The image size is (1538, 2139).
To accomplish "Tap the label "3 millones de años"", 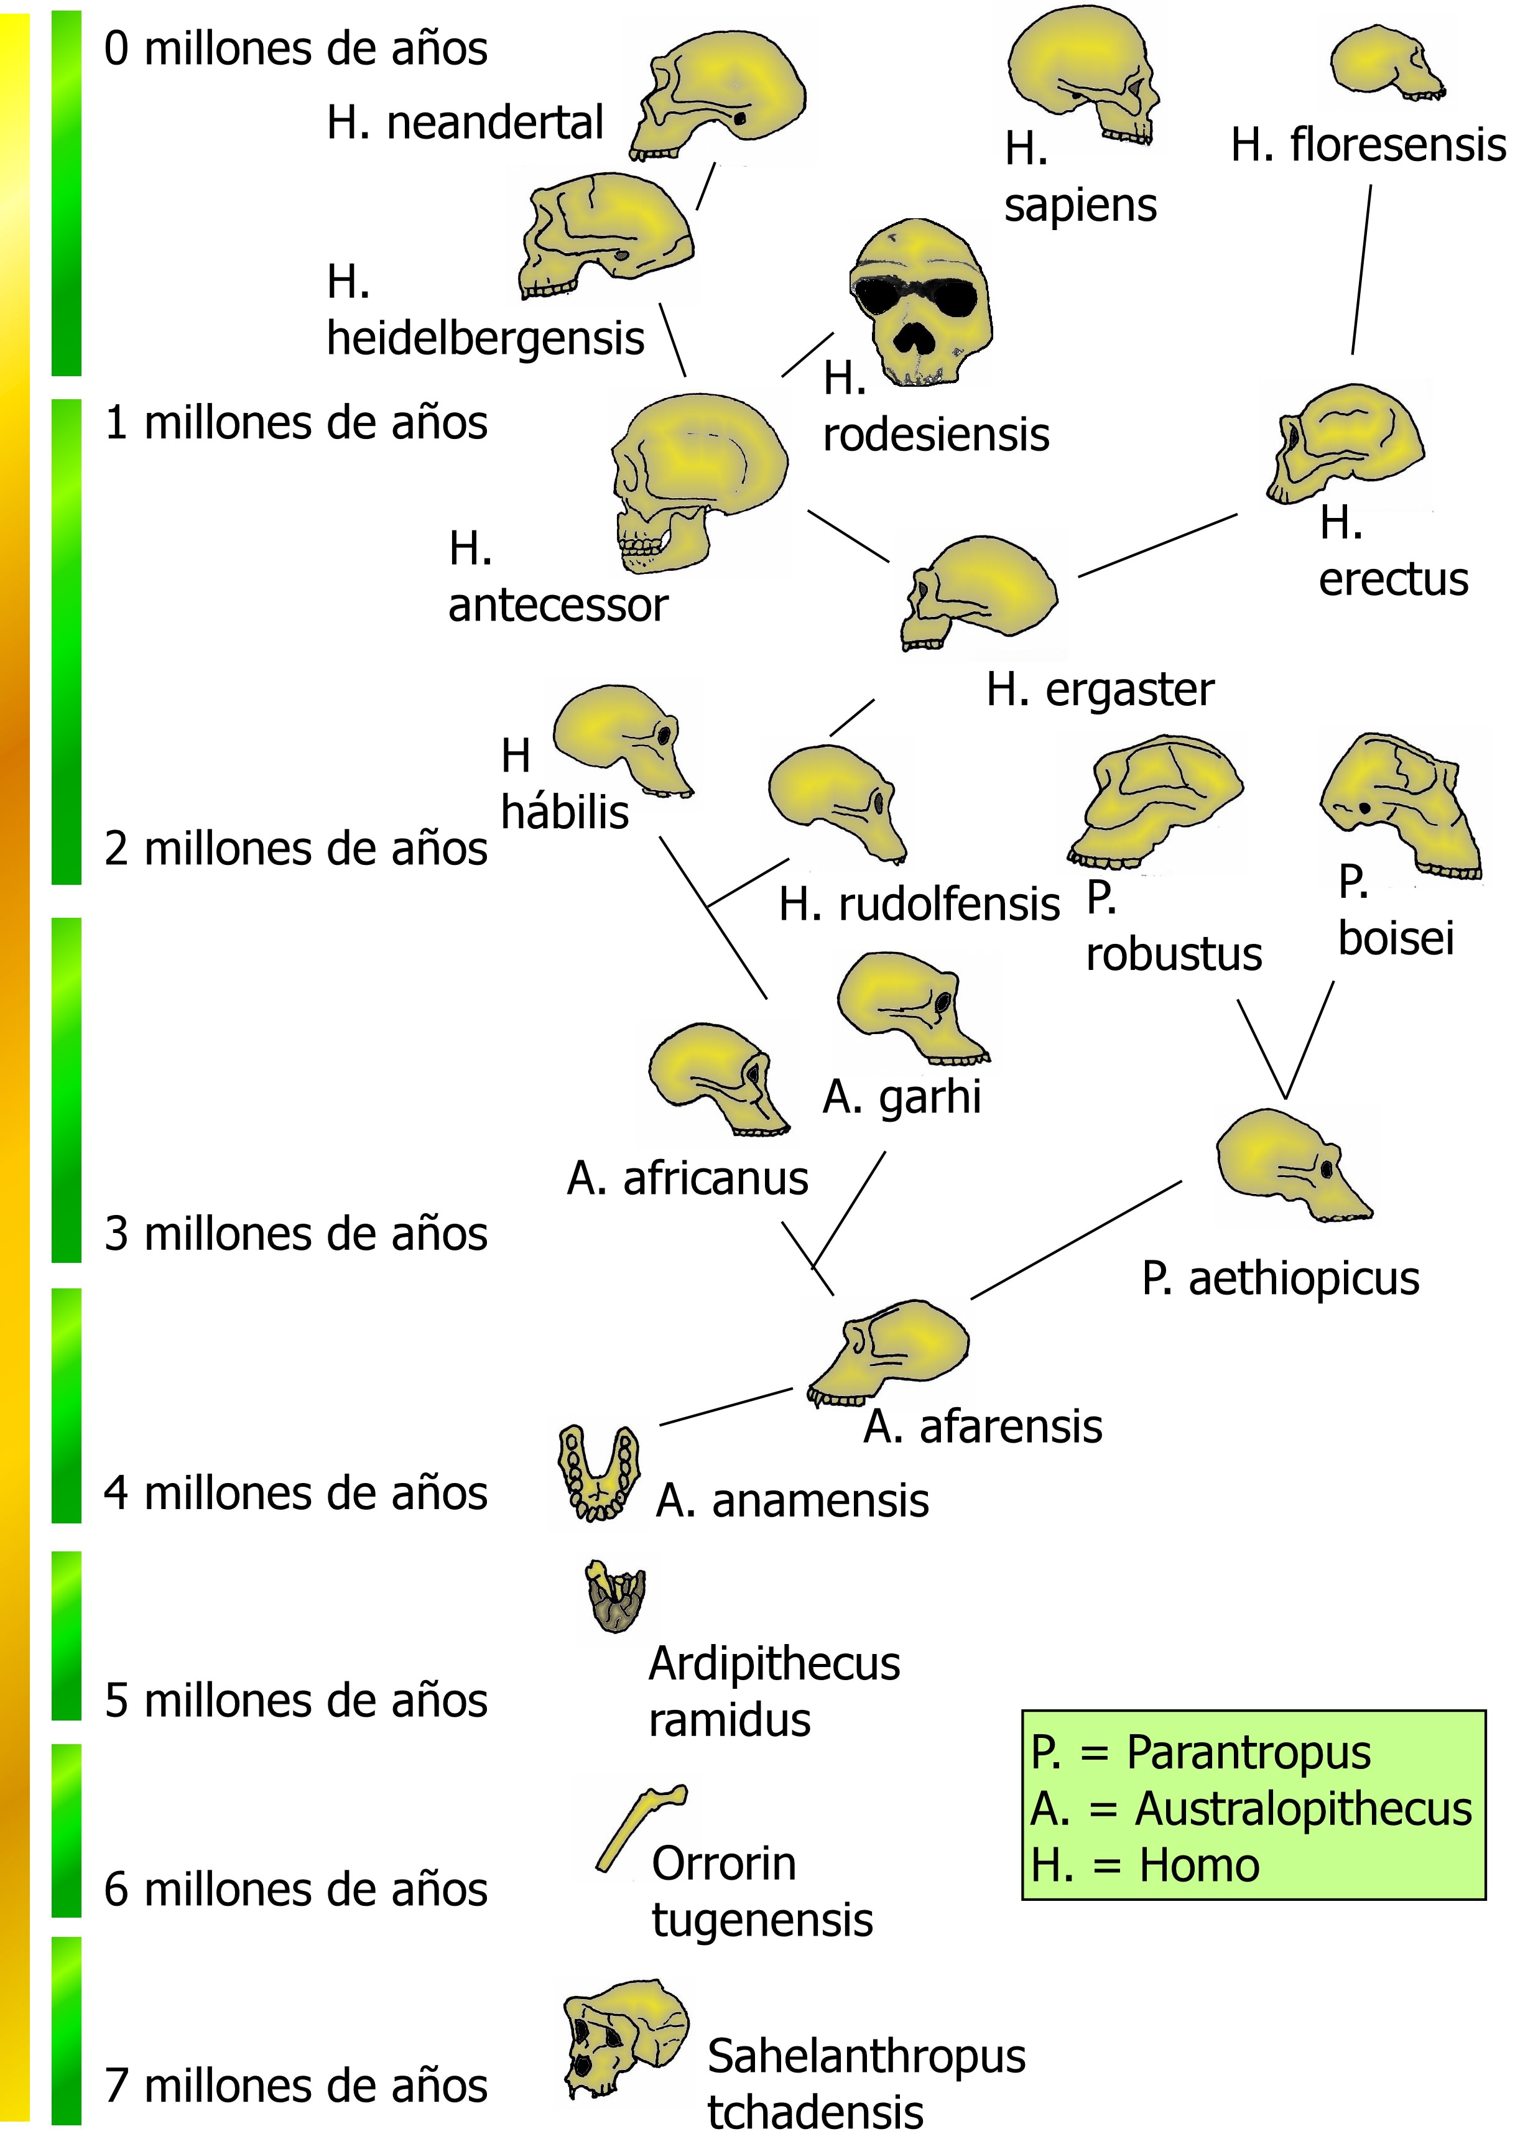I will coord(295,1234).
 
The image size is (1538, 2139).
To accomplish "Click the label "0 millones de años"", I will coord(295,49).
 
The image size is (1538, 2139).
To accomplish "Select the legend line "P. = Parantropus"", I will coord(1200,1752).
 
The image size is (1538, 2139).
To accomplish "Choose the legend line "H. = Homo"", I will coord(1146,1865).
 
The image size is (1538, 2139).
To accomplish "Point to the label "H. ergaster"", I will coord(1100,690).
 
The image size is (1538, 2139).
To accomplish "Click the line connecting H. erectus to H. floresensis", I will coord(1361,270).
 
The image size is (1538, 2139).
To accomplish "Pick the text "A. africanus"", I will coord(687,1178).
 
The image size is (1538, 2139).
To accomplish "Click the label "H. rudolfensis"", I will coord(919,905).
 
